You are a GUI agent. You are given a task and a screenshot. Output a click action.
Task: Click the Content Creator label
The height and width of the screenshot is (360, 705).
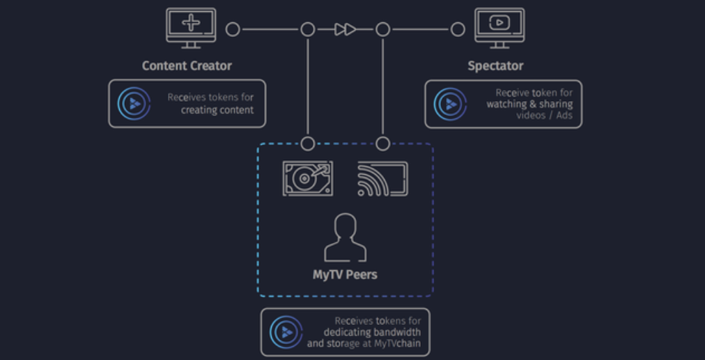(x=187, y=65)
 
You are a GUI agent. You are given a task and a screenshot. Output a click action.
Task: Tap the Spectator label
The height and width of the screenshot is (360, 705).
(x=495, y=66)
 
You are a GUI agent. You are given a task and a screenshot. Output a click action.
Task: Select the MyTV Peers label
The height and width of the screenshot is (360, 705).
(x=345, y=274)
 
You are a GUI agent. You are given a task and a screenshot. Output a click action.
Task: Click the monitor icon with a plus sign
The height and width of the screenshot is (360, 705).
(x=191, y=28)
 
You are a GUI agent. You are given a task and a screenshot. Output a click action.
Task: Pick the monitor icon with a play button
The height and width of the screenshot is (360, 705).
(x=499, y=28)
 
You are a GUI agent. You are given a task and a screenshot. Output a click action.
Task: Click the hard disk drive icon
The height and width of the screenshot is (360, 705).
(x=308, y=178)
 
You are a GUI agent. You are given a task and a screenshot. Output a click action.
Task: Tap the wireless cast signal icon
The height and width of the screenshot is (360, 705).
(x=382, y=178)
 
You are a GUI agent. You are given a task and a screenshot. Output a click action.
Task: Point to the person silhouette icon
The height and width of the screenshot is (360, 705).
(x=346, y=237)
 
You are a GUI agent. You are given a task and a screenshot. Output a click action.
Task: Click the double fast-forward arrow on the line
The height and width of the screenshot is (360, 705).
(x=346, y=30)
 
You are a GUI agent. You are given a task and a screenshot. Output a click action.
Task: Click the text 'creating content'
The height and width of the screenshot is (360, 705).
(x=217, y=110)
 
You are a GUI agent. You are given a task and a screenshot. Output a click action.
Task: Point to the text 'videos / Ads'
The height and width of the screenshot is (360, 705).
(x=545, y=115)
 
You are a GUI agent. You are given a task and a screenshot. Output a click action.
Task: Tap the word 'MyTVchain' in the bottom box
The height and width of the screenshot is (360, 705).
(x=398, y=344)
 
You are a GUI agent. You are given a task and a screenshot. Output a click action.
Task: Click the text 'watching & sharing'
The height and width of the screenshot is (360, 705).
(x=529, y=104)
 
